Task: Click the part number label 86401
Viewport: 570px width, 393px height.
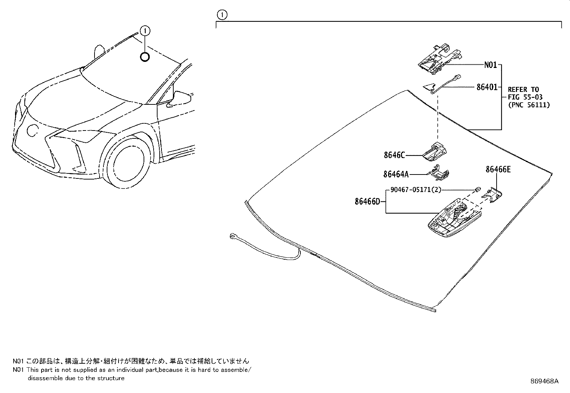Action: pyautogui.click(x=487, y=87)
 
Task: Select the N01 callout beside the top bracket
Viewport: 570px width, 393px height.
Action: pyautogui.click(x=490, y=65)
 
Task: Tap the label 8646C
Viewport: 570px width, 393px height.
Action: pyautogui.click(x=394, y=155)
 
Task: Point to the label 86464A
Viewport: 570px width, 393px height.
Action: pyautogui.click(x=396, y=174)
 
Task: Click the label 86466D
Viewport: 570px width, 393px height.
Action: pyautogui.click(x=367, y=202)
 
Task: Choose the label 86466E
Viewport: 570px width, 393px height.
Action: pyautogui.click(x=498, y=170)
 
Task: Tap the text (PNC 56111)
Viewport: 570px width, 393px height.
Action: pyautogui.click(x=528, y=105)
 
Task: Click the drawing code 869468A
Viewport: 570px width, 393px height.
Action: pyautogui.click(x=544, y=381)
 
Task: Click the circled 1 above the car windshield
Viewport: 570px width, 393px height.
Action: pyautogui.click(x=145, y=31)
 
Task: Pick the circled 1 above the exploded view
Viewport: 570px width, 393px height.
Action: pyautogui.click(x=222, y=15)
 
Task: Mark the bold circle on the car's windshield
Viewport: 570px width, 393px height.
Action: pyautogui.click(x=145, y=57)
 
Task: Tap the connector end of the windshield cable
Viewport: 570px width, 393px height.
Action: pyautogui.click(x=233, y=236)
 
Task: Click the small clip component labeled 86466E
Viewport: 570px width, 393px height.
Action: pyautogui.click(x=493, y=195)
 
